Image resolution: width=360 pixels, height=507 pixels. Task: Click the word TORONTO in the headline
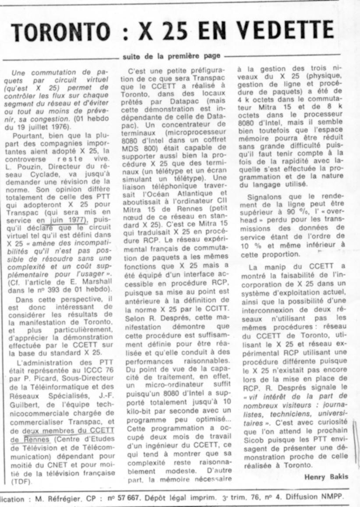61,31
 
